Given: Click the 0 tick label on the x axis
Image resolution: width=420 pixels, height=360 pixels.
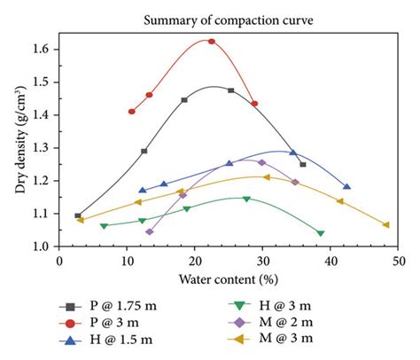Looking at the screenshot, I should [x=59, y=261].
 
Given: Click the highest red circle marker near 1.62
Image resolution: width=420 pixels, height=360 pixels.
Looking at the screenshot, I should [x=211, y=41].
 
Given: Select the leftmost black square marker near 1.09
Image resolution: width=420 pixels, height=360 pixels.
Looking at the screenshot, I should [x=78, y=215].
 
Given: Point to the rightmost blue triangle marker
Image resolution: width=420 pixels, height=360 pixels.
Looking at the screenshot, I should [x=346, y=186].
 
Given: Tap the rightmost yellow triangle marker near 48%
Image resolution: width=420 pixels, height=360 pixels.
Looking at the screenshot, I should [x=385, y=224].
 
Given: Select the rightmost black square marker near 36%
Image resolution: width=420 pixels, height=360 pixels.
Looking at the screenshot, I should [x=303, y=165].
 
